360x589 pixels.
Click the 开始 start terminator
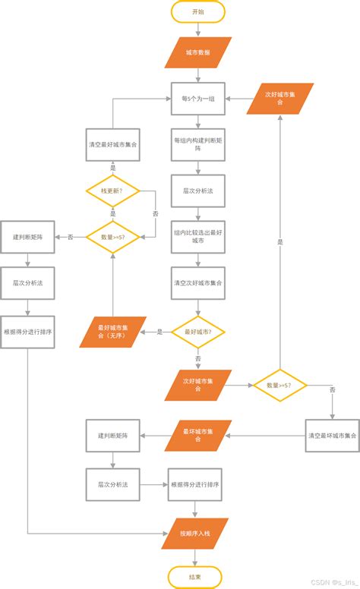(x=197, y=12)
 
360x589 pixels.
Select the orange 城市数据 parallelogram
(x=197, y=53)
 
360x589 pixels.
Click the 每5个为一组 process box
(x=197, y=98)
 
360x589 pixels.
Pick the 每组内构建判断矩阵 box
(x=197, y=144)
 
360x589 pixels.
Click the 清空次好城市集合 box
(x=197, y=283)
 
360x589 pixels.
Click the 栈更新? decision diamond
(x=112, y=191)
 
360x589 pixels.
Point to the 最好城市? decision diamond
(x=197, y=332)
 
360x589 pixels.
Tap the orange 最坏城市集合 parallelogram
(x=197, y=436)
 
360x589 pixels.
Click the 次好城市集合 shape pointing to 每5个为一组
(x=279, y=98)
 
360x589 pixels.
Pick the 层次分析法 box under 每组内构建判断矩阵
(x=197, y=191)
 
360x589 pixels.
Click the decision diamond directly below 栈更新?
(x=112, y=237)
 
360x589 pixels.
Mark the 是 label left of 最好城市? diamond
(x=159, y=332)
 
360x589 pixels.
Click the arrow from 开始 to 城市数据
(x=197, y=30)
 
